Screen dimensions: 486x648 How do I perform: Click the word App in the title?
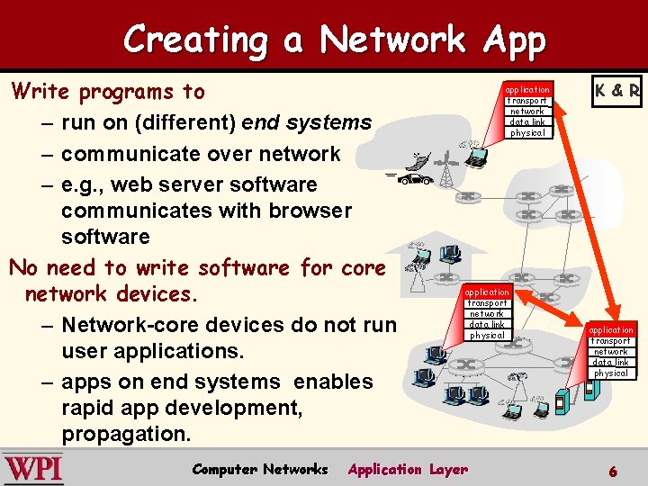[x=514, y=40]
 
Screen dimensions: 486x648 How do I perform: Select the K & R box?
[x=616, y=91]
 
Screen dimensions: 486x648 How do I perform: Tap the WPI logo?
[x=32, y=468]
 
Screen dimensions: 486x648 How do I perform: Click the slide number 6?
[x=613, y=471]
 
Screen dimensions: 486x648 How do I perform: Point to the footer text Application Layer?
[x=408, y=469]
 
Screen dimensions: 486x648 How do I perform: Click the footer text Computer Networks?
[x=260, y=469]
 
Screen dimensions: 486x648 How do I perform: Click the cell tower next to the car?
[x=445, y=169]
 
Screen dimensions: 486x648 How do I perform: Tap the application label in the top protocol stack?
[x=527, y=90]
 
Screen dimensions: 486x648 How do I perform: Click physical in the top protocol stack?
[x=527, y=132]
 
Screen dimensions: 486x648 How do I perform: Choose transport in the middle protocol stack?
[x=487, y=303]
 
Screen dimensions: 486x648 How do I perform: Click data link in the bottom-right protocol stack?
[x=611, y=362]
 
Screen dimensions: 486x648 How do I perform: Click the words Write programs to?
[x=107, y=92]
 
